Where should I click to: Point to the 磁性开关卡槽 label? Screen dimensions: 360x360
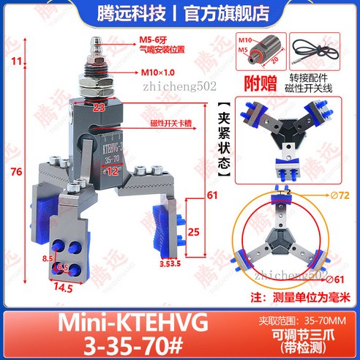[170, 122]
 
